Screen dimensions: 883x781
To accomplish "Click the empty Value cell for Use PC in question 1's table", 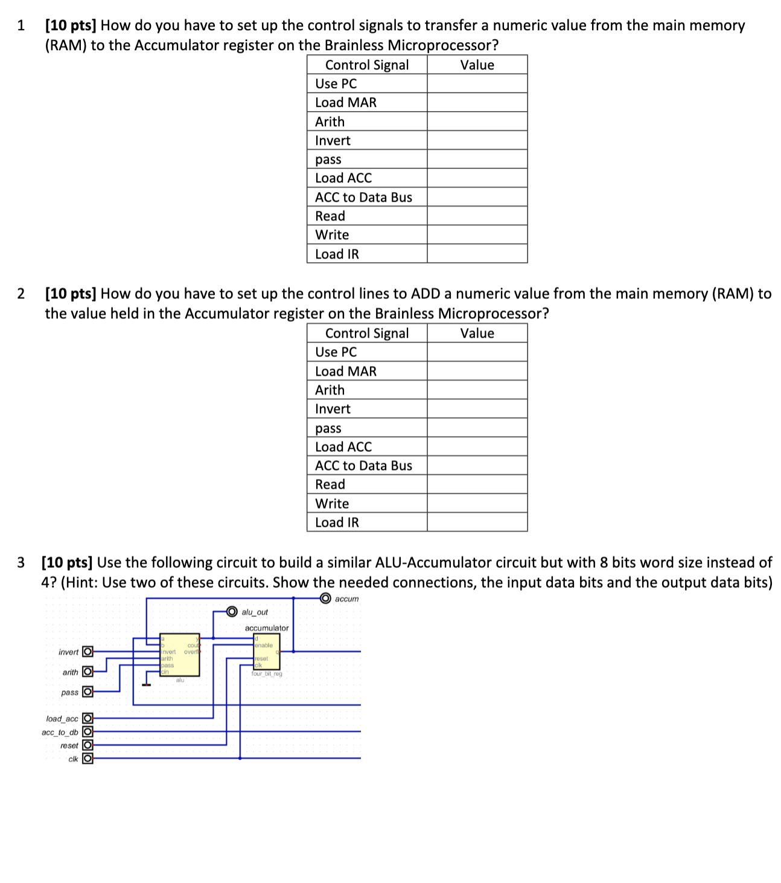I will [x=477, y=83].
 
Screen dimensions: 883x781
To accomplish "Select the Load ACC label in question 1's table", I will [x=343, y=178].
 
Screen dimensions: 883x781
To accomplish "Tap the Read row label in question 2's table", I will [x=330, y=484].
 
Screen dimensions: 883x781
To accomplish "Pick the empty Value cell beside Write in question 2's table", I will [x=477, y=503].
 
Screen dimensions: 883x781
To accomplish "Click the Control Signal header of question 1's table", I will [x=367, y=65].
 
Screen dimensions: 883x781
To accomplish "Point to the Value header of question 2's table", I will [x=477, y=333].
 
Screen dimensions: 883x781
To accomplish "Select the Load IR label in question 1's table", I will [x=337, y=254].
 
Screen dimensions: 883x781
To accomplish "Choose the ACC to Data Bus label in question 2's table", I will [x=363, y=466].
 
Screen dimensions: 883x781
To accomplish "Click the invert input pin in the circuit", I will [x=88, y=652].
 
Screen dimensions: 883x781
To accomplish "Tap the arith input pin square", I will [x=88, y=672].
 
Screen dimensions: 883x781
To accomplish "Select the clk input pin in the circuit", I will [x=88, y=759].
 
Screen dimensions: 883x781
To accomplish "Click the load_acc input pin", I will [x=88, y=718].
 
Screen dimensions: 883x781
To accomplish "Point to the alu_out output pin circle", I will [x=232, y=612].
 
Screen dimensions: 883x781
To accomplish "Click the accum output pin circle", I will [x=325, y=599].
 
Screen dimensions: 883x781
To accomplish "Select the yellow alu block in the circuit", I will [x=180, y=655].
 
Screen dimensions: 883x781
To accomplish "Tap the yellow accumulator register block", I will [x=267, y=652].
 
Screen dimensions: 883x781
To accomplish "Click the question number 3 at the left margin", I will [x=21, y=563].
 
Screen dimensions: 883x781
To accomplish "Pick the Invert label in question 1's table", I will [x=333, y=141].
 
